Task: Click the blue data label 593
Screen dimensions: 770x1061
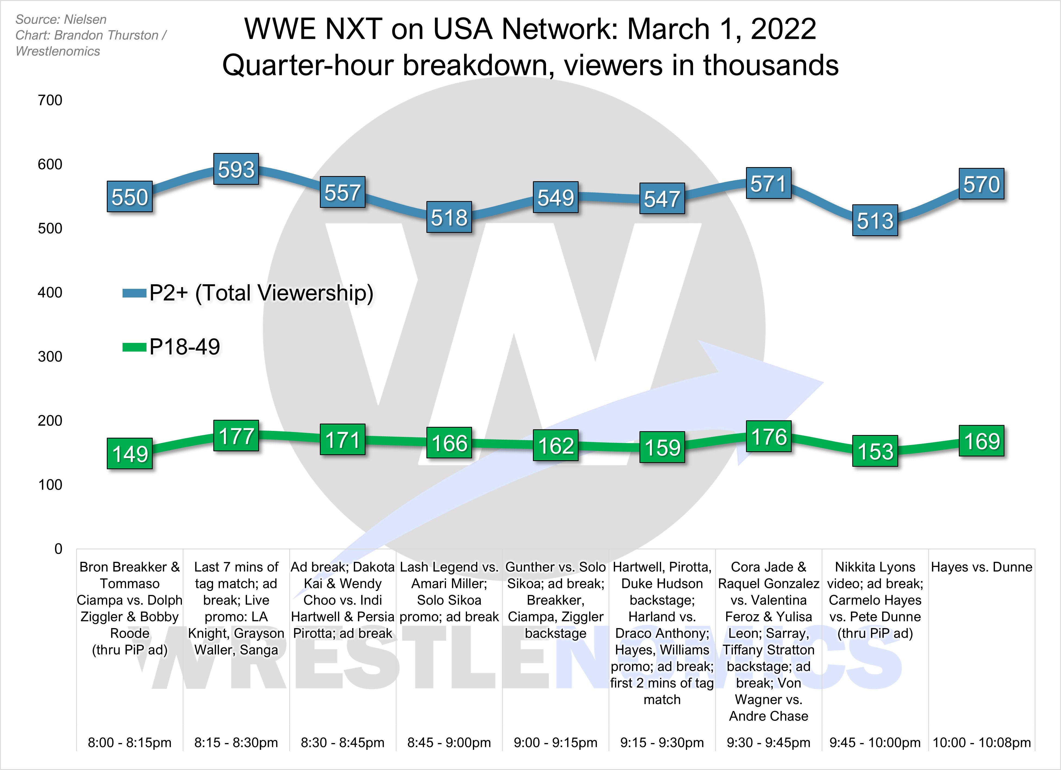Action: [x=236, y=169]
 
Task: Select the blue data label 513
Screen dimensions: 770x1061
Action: [x=875, y=220]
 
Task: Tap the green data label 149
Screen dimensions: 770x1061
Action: [x=130, y=453]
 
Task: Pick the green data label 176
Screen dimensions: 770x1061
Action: [x=769, y=436]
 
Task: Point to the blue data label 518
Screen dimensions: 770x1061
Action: [x=449, y=217]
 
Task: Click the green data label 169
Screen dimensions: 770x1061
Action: [x=981, y=441]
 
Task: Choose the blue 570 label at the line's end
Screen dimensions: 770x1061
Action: [x=981, y=184]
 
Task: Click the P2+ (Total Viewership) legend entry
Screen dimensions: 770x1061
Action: [x=261, y=293]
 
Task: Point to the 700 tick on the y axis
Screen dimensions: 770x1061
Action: [x=50, y=100]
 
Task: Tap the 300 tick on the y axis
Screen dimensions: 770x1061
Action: [x=50, y=356]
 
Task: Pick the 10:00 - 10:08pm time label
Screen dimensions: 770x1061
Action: [x=981, y=742]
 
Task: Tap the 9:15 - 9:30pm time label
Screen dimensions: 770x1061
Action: [x=662, y=742]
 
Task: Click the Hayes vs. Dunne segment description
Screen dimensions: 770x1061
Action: [x=981, y=567]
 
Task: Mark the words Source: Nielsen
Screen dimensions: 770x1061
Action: [x=61, y=20]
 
